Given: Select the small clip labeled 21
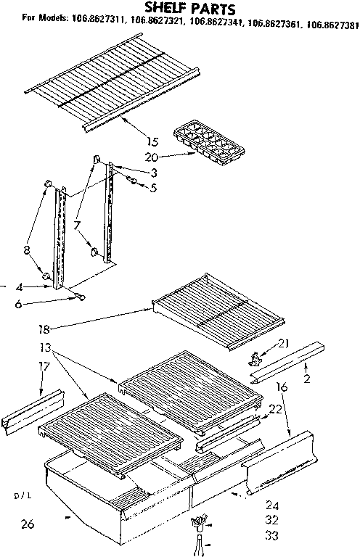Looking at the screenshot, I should pyautogui.click(x=255, y=358).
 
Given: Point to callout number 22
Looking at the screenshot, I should pyautogui.click(x=274, y=410).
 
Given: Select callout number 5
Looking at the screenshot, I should pyautogui.click(x=152, y=188).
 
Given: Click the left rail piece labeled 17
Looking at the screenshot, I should pyautogui.click(x=33, y=416).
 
